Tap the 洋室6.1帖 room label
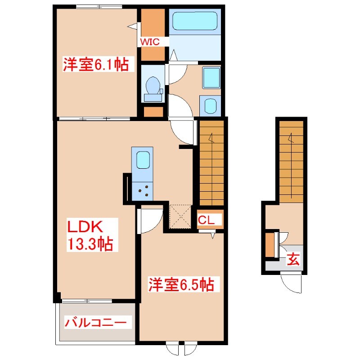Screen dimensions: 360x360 tap(95, 65)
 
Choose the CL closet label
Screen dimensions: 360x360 tap(209, 220)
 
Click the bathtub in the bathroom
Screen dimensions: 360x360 tap(195, 21)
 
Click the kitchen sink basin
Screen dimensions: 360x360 tap(143, 160)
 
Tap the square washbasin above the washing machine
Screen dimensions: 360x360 tap(211, 78)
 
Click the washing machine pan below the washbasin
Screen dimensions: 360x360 tap(210, 107)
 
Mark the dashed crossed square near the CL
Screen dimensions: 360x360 tap(181, 216)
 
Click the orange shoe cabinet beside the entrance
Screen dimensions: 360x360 tap(270, 245)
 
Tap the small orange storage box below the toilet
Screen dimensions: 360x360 tap(153, 111)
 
